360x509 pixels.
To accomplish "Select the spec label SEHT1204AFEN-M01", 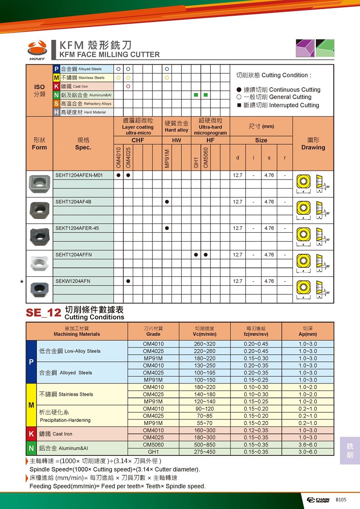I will click(x=79, y=175).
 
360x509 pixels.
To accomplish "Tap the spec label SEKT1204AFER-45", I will click(x=77, y=228).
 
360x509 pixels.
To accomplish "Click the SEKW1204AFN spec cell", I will click(x=73, y=281).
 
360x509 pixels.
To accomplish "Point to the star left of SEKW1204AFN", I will click(x=22, y=282).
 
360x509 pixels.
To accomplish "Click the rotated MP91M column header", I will click(x=167, y=158).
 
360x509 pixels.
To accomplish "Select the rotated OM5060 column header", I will click(x=206, y=158).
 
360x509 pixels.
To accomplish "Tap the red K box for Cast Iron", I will click(x=57, y=86).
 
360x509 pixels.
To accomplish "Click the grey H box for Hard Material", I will click(x=57, y=112).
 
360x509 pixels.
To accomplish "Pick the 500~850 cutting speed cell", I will click(x=205, y=445).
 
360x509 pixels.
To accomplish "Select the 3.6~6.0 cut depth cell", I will click(x=308, y=445).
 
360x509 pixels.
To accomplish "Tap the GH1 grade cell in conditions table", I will click(x=153, y=452).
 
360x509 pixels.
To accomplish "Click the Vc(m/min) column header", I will click(x=205, y=334).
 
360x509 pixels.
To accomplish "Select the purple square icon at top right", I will click(x=305, y=48).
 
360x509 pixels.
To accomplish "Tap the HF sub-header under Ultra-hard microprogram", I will click(x=210, y=140).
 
